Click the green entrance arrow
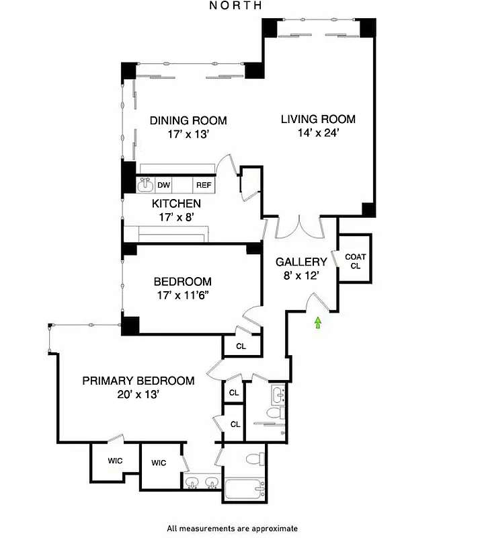click(x=318, y=324)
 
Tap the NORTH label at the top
click(x=235, y=5)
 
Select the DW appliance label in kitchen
click(x=163, y=185)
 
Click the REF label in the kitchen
click(x=203, y=185)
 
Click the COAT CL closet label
click(x=355, y=261)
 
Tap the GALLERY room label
click(x=301, y=262)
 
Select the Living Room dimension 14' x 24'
click(x=318, y=132)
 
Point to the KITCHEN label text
click(x=176, y=203)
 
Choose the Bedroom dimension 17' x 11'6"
click(x=182, y=295)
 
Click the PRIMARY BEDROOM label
click(x=138, y=381)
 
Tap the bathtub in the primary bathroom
click(x=244, y=490)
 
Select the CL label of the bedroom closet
click(x=241, y=347)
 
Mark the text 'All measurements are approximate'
click(x=232, y=529)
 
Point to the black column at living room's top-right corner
click(x=368, y=26)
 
